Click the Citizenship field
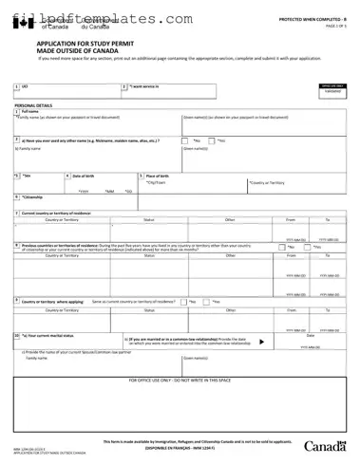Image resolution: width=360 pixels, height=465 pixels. point(57,200)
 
